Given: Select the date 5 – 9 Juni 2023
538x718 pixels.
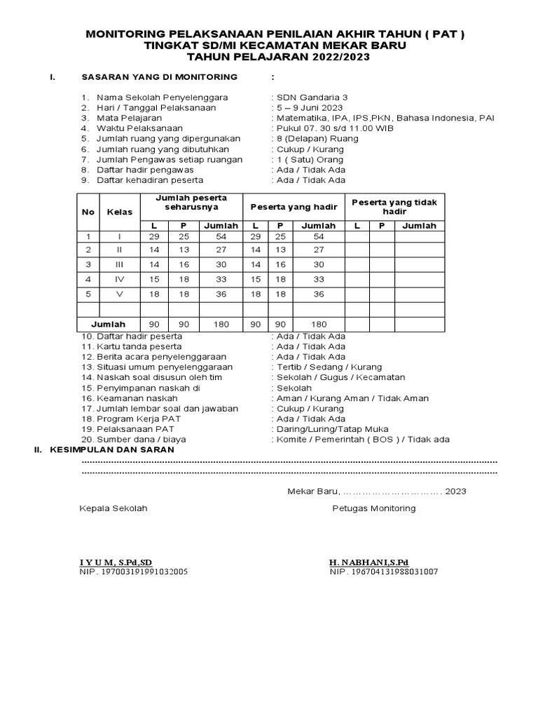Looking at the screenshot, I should [309, 107].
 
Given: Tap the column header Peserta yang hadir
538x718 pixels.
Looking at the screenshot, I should [294, 206].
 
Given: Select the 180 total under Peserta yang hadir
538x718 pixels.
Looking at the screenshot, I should [318, 325].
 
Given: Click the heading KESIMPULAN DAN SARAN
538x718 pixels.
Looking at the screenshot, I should [112, 450].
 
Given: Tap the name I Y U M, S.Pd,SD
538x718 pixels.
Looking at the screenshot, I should [116, 562].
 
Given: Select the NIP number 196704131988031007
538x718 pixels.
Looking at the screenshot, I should [384, 571].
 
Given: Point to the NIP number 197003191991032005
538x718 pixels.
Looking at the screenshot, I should [133, 571].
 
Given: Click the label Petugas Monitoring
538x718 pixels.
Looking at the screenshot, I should [373, 508].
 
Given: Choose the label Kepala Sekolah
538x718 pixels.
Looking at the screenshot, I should [113, 508].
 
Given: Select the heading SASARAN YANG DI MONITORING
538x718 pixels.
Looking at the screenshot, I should [160, 76].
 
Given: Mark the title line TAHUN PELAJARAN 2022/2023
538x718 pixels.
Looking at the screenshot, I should [270, 57].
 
